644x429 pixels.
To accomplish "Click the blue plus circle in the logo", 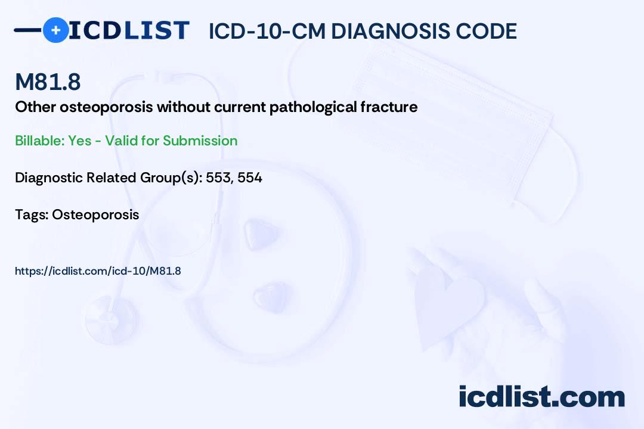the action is pos(55,30).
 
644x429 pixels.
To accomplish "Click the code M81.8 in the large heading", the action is pos(48,82).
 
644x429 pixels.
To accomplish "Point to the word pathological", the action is pos(313,108).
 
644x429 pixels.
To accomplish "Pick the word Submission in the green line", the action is pos(200,141).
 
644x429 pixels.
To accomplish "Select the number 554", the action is pos(250,178).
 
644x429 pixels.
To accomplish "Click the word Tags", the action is pos(32,214).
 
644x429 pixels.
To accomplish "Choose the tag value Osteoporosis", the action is pos(95,214).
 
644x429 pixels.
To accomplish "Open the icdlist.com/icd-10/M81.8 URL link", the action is pos(98,271).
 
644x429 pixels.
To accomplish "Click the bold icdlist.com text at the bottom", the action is pos(541,397).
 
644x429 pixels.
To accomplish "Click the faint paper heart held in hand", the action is pos(448,304).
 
